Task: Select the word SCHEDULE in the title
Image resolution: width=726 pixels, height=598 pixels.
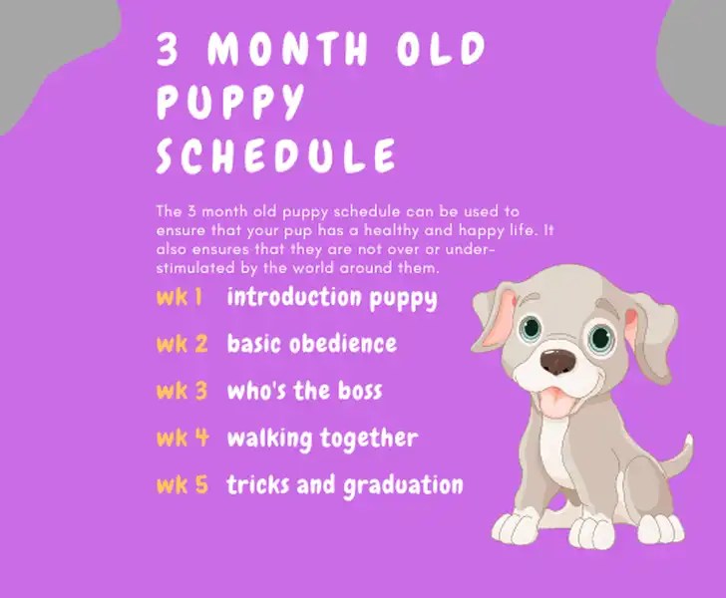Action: (x=276, y=156)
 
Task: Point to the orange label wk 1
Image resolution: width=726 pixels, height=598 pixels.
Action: (x=180, y=297)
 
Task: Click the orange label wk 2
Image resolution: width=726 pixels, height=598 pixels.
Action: (x=181, y=344)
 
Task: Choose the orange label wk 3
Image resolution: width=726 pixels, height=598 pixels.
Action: (x=181, y=391)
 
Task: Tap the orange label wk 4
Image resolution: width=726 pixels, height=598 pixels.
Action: (x=182, y=438)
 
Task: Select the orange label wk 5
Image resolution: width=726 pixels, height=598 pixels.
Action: (x=182, y=485)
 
